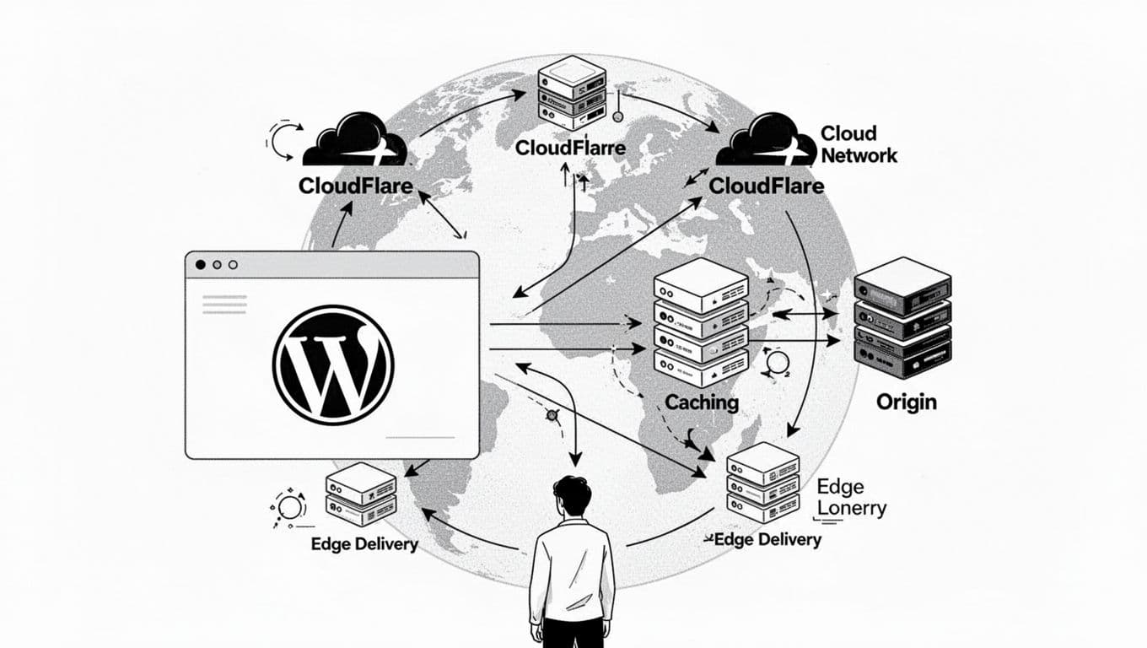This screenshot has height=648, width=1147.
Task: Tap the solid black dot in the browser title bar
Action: pos(200,265)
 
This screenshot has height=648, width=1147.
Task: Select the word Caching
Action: pos(702,402)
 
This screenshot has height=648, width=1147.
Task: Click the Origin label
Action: pos(907,402)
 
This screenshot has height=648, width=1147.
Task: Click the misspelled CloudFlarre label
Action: pos(570,148)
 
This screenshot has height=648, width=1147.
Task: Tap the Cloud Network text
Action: pos(858,144)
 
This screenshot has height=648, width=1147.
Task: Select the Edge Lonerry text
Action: pos(851,498)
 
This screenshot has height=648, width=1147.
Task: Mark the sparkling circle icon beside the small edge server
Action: pos(289,508)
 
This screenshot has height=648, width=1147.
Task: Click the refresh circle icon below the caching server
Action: pos(776,364)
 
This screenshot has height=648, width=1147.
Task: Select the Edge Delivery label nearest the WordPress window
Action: pos(364,544)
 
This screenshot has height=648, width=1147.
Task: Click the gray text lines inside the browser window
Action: pos(224,304)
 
